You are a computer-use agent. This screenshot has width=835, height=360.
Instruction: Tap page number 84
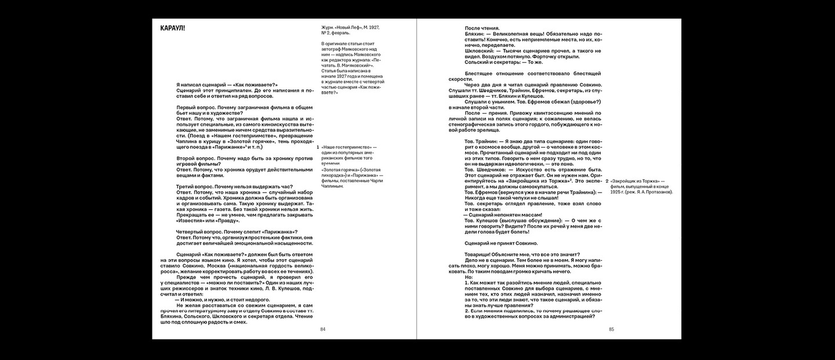pos(323,330)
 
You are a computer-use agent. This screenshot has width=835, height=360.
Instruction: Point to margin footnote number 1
pos(318,147)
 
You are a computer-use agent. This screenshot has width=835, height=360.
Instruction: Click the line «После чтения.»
pos(482,28)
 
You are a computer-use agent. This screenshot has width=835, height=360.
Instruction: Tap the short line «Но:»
pos(469,277)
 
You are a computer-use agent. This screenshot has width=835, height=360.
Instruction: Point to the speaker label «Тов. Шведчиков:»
pos(485,169)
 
